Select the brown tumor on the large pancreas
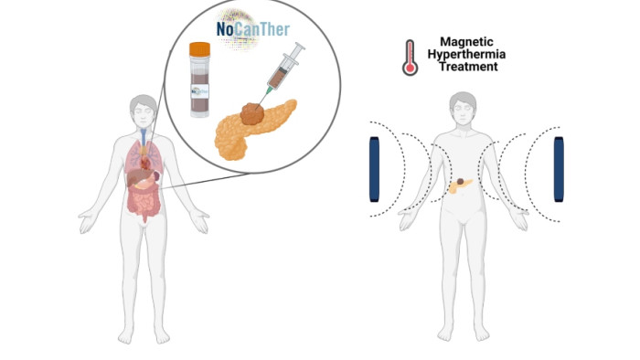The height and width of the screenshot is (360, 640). click(251, 113)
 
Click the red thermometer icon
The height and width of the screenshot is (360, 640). click(409, 56)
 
